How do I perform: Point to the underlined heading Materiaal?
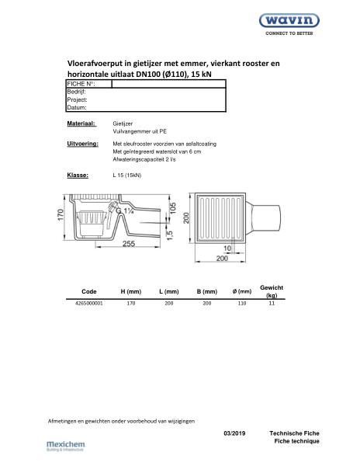click(81, 123)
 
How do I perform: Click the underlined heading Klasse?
click(78, 175)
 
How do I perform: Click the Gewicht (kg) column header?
click(271, 291)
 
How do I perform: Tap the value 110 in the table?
click(235, 304)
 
